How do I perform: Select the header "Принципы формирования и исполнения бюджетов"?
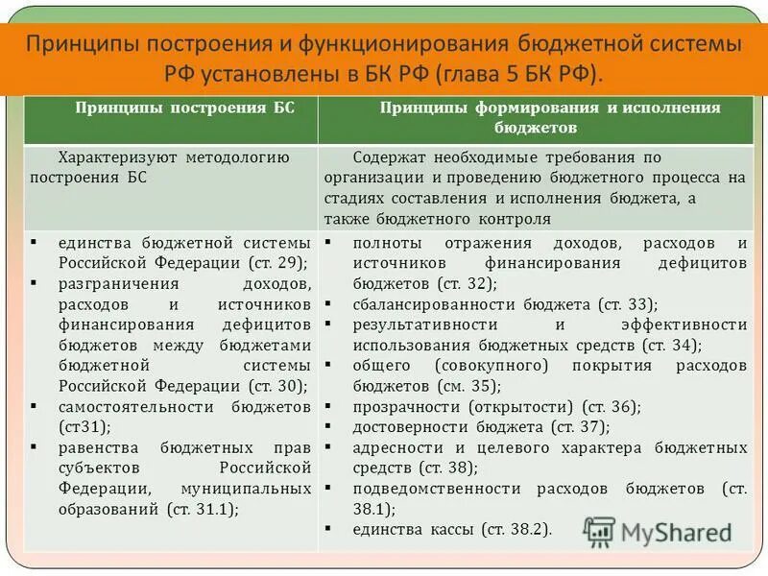click(536, 117)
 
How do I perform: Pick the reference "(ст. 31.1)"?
click(204, 510)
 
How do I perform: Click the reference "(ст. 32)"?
click(465, 283)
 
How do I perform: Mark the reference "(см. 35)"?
click(466, 386)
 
